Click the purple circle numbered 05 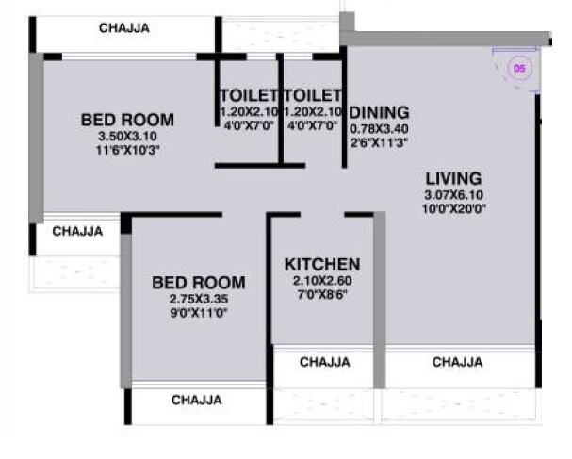(x=517, y=68)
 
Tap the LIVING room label (x=452, y=178)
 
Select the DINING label (x=379, y=112)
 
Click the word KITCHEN (x=321, y=264)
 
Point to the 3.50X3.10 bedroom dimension (x=127, y=136)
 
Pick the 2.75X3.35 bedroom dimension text (x=199, y=299)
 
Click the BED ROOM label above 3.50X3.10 (x=127, y=120)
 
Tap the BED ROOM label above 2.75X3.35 (x=199, y=283)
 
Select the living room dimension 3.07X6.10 (x=452, y=195)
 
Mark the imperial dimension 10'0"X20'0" (x=452, y=208)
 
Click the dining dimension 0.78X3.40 (x=379, y=128)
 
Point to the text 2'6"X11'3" (x=379, y=141)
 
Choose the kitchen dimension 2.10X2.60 (x=321, y=281)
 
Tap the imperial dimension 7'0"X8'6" (x=321, y=294)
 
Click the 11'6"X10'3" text (x=127, y=149)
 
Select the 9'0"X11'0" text (x=199, y=312)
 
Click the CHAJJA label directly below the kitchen (x=324, y=362)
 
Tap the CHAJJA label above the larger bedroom (x=123, y=28)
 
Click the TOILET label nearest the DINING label (x=312, y=95)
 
